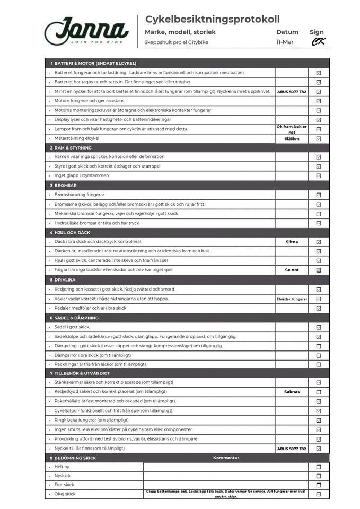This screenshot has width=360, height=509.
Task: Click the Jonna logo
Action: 86,31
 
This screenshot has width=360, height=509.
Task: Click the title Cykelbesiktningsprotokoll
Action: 212,20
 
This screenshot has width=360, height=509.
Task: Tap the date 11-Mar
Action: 285,42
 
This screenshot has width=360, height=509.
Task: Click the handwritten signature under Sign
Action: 318,42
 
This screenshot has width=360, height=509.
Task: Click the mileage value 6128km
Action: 292,138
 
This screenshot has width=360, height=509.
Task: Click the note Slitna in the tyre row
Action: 292,242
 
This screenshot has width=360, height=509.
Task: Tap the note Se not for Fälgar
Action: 292,270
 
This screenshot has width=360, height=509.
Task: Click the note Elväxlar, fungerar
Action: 292,299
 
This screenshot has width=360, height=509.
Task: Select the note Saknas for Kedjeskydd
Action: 292,392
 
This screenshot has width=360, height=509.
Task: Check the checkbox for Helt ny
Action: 319,467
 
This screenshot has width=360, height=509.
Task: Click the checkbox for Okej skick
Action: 319,494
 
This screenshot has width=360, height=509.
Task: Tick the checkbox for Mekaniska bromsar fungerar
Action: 319,214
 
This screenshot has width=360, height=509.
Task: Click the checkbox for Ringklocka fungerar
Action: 319,420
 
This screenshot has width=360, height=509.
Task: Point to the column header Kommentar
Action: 226,458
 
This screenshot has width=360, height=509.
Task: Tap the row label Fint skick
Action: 64,485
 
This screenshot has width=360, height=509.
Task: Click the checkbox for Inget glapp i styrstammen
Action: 319,175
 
